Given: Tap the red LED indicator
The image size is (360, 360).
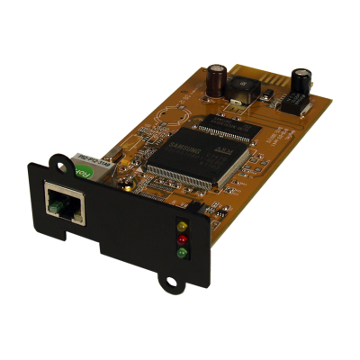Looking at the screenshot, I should coord(182,239).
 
